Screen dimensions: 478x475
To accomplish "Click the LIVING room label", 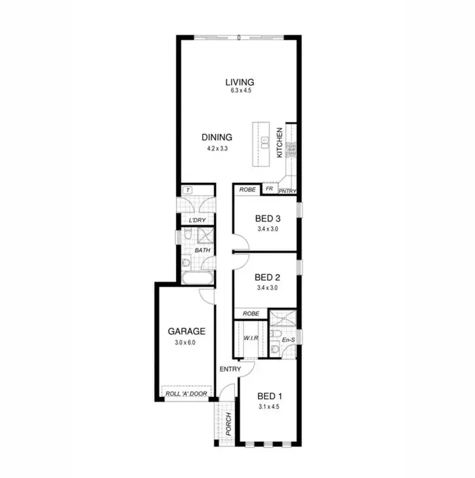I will pyautogui.click(x=240, y=82).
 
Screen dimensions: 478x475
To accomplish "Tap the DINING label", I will pyautogui.click(x=217, y=137).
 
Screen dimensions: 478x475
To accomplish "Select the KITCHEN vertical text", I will pyautogui.click(x=280, y=143).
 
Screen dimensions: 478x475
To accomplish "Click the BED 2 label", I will pyautogui.click(x=267, y=277).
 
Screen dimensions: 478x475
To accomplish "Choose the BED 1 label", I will pyautogui.click(x=270, y=396).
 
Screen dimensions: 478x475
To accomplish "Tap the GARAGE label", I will pyautogui.click(x=186, y=330).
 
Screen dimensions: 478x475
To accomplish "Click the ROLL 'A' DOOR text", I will pyautogui.click(x=186, y=394).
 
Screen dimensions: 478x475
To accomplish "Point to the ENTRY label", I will pyautogui.click(x=229, y=369).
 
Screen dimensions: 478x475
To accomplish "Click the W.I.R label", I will pyautogui.click(x=251, y=338).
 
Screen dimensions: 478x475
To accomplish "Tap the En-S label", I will pyautogui.click(x=288, y=340).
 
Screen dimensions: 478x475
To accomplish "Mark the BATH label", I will pyautogui.click(x=202, y=251).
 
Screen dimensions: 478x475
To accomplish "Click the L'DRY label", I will pyautogui.click(x=198, y=220).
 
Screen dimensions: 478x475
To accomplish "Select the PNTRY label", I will pyautogui.click(x=287, y=189).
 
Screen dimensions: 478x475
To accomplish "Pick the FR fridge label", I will pyautogui.click(x=269, y=189).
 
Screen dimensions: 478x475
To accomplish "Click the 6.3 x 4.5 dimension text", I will pyautogui.click(x=240, y=91).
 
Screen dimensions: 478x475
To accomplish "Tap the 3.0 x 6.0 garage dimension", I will pyautogui.click(x=186, y=342).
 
